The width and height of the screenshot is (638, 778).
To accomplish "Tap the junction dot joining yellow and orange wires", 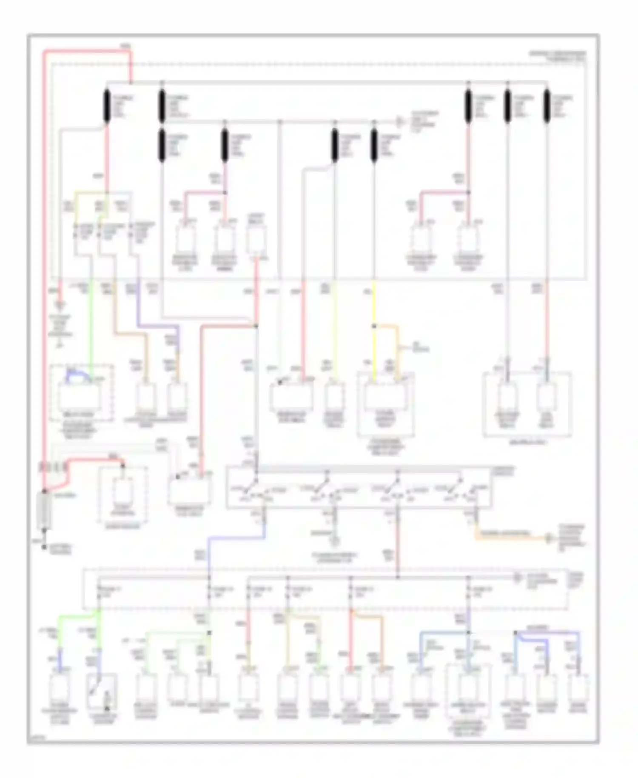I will point(374,326).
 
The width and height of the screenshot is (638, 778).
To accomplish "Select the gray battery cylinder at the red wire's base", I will point(44,509).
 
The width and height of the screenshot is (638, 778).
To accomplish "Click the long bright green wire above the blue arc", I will point(91,323).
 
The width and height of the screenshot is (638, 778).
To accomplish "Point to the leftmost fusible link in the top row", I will point(107,106).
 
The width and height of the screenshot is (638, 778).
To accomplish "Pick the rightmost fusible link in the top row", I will point(547,106).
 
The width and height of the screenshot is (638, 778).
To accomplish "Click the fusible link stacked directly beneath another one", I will point(162,146).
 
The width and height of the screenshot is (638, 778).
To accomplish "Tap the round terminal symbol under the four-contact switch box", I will point(335,541).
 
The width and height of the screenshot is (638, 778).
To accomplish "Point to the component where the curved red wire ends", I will point(123,489).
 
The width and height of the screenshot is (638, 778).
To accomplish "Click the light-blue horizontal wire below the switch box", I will point(236,538).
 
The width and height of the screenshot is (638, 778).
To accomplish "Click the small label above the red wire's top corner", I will point(125,45).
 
